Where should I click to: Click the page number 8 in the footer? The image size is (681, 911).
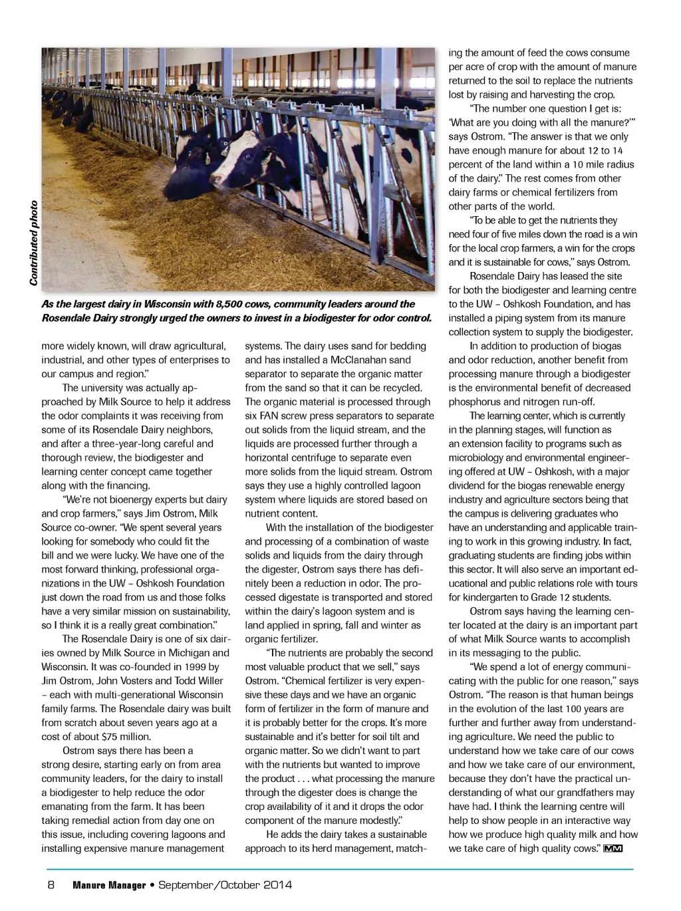[51, 885]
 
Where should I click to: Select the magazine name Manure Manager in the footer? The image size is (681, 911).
[109, 885]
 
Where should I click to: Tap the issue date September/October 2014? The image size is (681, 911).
[225, 885]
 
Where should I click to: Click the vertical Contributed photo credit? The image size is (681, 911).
[33, 243]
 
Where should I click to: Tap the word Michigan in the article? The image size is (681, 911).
[191, 653]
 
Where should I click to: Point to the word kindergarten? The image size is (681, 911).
[489, 598]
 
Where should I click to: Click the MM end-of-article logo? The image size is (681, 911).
[613, 849]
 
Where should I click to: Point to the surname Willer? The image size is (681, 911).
[210, 681]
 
